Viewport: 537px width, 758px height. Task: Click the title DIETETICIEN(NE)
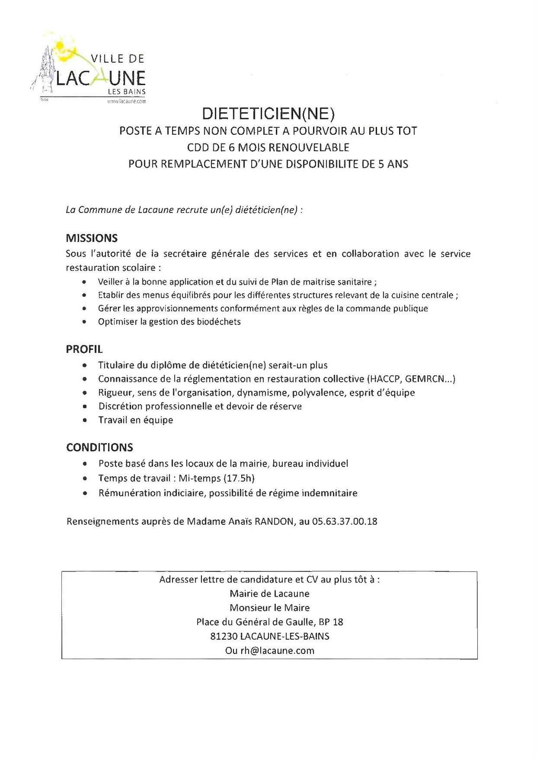point(268,113)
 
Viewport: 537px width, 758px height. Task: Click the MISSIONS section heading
point(92,238)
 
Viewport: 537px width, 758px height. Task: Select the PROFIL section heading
point(84,349)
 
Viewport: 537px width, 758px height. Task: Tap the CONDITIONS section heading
point(100,447)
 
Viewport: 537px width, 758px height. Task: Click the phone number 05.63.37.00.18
point(345,522)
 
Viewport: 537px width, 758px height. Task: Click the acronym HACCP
point(385,379)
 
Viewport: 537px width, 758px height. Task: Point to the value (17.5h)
point(239,478)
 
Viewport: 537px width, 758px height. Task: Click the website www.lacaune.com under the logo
point(126,101)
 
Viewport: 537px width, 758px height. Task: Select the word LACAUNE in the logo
point(100,79)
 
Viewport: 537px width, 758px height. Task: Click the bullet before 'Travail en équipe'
point(85,420)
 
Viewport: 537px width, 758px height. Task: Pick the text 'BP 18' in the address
point(331,622)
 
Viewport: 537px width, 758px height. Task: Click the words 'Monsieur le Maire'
point(270,608)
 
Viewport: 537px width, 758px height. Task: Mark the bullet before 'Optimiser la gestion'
point(84,322)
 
